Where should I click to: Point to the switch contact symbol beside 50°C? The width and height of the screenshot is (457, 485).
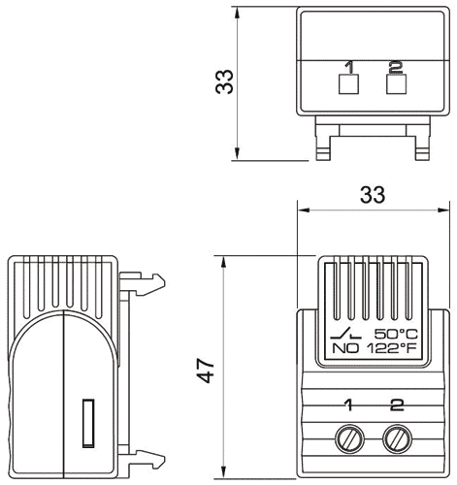tap(345, 332)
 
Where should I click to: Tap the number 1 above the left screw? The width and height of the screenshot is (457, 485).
tap(347, 403)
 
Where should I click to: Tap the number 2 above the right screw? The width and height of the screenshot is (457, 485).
tap(396, 403)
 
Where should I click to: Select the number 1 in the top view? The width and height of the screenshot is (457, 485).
tap(347, 68)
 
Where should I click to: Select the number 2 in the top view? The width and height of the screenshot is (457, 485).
tap(394, 68)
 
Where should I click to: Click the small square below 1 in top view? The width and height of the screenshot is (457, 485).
tap(347, 85)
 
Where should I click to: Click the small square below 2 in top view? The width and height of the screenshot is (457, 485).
tap(395, 85)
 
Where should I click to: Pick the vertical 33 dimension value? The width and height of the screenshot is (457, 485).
tap(224, 82)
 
